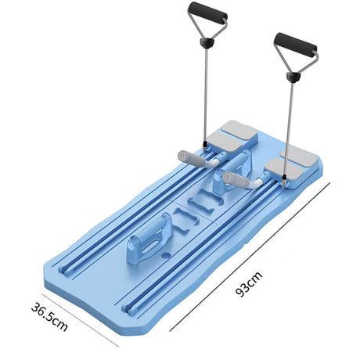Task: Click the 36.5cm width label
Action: coord(49,316)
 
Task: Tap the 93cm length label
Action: coord(249,284)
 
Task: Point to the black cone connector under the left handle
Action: coord(206,42)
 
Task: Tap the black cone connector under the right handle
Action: coord(293,77)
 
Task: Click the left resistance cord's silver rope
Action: coord(205,95)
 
